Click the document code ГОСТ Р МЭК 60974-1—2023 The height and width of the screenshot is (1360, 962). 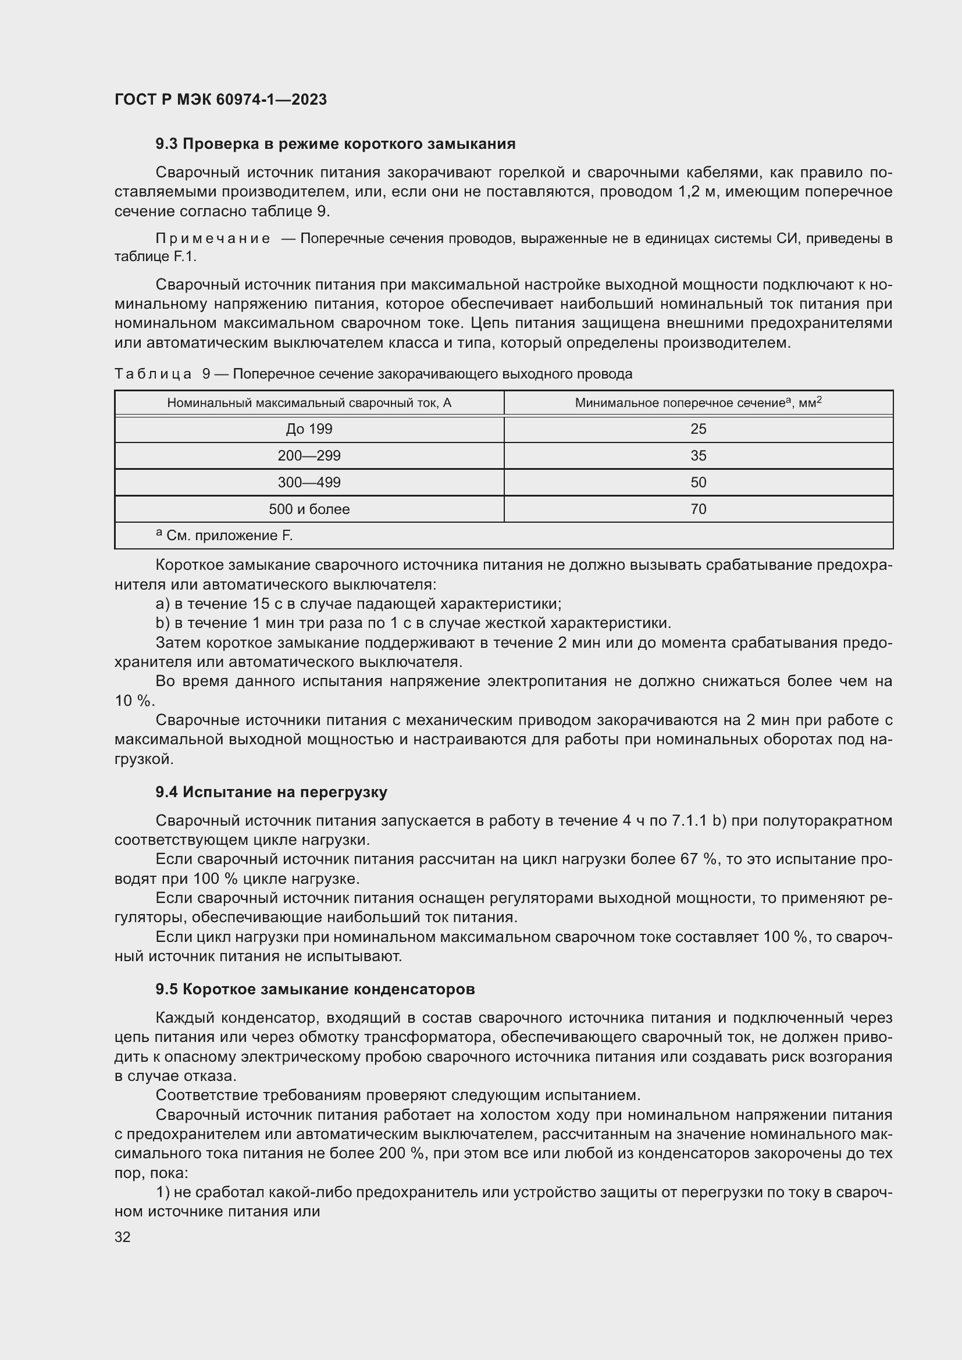tap(220, 99)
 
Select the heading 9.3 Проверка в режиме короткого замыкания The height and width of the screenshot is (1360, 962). tap(335, 144)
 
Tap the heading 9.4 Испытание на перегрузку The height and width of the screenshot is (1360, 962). tap(271, 792)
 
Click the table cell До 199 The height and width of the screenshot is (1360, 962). tap(309, 429)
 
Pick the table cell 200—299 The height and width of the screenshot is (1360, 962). tap(309, 455)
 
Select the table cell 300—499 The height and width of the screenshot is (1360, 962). tap(309, 482)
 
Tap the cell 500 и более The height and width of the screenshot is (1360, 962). tap(309, 509)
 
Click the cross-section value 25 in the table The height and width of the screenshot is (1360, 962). tap(698, 429)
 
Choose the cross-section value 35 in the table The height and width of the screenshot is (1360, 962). tap(698, 455)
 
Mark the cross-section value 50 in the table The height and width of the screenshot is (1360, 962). tap(698, 482)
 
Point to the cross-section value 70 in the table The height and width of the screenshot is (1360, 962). tap(698, 509)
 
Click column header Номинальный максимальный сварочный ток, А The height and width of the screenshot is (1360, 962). tap(309, 403)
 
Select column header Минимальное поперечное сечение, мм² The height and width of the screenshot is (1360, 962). tap(698, 403)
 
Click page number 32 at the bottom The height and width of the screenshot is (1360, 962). tap(123, 1237)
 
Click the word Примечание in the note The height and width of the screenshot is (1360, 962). tap(213, 239)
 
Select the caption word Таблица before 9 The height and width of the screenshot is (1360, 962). tap(153, 374)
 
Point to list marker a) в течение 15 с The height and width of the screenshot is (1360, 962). tap(162, 604)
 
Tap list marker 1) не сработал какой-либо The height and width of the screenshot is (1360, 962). tap(162, 1192)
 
